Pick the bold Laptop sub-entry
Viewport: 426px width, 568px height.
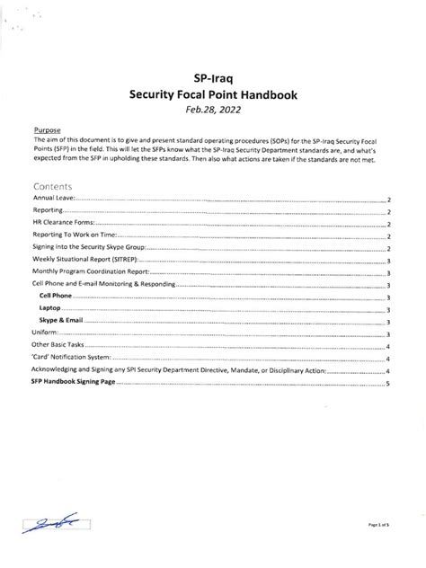50,308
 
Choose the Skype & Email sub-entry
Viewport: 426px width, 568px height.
61,321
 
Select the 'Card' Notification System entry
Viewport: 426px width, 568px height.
69,358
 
